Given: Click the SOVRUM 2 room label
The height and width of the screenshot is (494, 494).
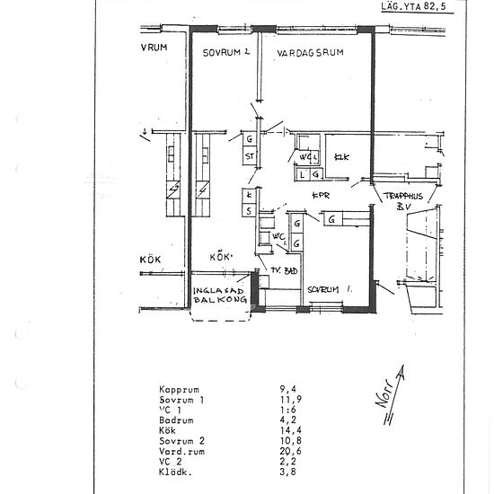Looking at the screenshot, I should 225,53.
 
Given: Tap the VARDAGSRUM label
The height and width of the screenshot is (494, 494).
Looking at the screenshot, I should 311,53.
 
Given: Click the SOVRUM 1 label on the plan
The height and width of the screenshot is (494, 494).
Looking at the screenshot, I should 329,289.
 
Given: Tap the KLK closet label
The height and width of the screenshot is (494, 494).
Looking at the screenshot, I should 341,158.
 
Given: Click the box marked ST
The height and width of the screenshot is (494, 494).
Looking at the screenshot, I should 250,157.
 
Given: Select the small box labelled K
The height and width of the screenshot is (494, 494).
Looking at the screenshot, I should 248,195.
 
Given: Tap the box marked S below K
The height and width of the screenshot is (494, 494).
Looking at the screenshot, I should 248,210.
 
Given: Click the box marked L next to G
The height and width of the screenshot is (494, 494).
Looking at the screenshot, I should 303,173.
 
